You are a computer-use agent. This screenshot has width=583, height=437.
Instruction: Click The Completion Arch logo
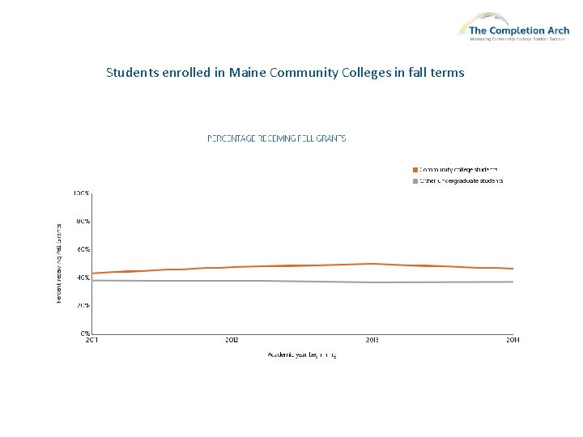(513, 25)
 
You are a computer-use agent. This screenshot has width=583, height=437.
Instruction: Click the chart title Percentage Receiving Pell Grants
(277, 138)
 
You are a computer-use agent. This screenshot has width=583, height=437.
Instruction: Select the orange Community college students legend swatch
(415, 169)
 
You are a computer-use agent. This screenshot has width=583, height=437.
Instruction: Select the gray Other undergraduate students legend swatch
(415, 180)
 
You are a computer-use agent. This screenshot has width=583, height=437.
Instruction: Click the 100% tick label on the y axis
(82, 193)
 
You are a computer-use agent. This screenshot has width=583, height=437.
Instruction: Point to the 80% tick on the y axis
(83, 221)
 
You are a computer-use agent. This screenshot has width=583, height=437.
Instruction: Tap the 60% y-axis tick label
(83, 249)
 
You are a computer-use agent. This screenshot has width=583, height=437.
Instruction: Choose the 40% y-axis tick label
(83, 278)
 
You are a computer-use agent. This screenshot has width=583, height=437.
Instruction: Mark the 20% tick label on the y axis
(83, 305)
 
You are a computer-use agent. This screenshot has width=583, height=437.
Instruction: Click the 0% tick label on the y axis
(84, 333)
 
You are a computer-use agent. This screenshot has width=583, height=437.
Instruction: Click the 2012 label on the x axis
(232, 340)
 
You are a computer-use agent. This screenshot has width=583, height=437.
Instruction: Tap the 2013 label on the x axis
(372, 340)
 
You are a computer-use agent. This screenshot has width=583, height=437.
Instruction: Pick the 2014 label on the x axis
(513, 340)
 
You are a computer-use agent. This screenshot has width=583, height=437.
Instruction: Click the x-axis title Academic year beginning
(301, 354)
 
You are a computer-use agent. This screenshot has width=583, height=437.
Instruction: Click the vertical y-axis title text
(59, 264)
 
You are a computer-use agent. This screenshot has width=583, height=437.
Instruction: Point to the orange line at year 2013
(372, 264)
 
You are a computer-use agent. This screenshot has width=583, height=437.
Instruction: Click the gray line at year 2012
(232, 281)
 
